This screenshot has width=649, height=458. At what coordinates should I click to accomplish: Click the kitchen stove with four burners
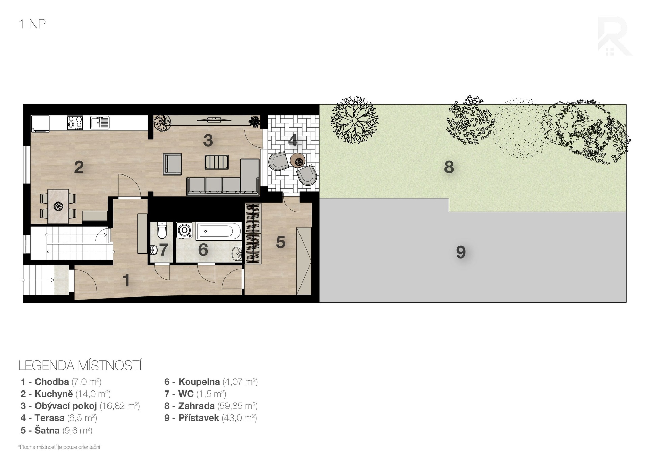tap(75, 123)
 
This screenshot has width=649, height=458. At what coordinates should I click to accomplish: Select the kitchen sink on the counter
tap(100, 123)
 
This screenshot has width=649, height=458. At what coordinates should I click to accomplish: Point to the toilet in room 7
tap(162, 230)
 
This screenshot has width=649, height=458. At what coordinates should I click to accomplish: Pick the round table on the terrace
tap(298, 160)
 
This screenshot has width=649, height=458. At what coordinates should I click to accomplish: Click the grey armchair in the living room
tap(172, 164)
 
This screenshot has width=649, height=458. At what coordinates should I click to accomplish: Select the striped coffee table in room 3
tap(216, 162)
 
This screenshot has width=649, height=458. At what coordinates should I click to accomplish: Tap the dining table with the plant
tap(58, 206)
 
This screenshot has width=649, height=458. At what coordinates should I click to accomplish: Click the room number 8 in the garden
tap(449, 167)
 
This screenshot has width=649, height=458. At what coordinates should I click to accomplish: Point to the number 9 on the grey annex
tap(461, 252)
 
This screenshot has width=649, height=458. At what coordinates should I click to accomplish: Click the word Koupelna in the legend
tap(199, 382)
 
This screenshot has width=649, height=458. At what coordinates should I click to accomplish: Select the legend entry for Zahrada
tap(211, 406)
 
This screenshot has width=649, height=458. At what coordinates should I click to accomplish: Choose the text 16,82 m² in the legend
tap(120, 406)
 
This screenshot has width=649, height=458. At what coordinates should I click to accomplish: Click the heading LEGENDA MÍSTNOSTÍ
tap(80, 366)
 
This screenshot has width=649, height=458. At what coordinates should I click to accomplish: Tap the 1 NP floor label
tap(32, 24)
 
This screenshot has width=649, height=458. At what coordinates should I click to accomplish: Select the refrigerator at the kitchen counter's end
tap(40, 124)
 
